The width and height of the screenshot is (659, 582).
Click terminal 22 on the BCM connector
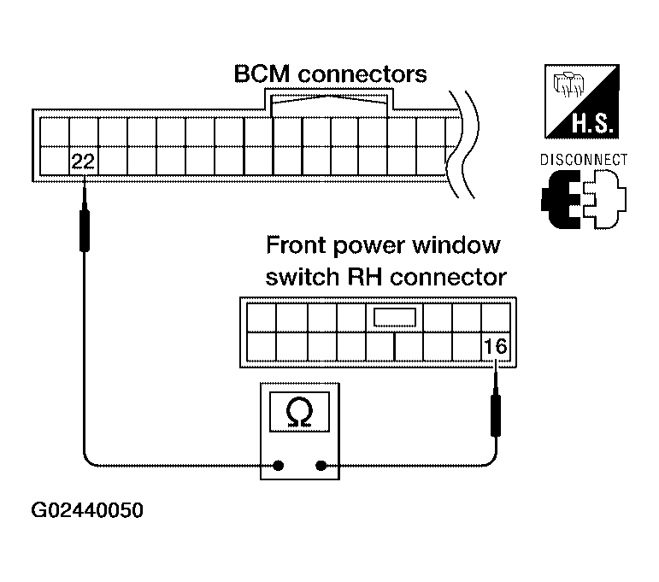83,162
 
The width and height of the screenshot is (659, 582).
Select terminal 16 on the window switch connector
496,347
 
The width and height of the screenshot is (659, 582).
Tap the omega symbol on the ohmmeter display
299,413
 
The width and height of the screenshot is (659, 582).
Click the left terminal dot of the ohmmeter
279,466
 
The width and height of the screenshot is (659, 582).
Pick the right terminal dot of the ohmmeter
321,466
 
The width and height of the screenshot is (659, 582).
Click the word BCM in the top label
262,74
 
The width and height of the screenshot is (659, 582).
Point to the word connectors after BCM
362,74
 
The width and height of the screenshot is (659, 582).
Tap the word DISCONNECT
583,160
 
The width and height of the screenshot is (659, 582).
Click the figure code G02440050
87,510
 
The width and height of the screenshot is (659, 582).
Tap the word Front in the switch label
297,245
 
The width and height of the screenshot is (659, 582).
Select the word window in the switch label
456,245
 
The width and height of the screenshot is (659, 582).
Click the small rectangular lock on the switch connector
395,317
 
